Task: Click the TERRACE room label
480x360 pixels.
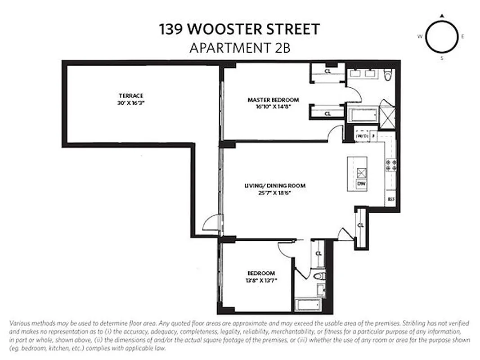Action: pyautogui.click(x=131, y=95)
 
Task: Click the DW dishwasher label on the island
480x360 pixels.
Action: pyautogui.click(x=361, y=184)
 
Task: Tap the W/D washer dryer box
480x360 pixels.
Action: pyautogui.click(x=361, y=135)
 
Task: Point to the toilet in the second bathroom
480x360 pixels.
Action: pyautogui.click(x=319, y=276)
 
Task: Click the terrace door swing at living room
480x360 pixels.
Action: pyautogui.click(x=212, y=223)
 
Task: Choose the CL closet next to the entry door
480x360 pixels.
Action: pyautogui.click(x=360, y=225)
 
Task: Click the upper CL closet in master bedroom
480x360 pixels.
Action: pyautogui.click(x=327, y=71)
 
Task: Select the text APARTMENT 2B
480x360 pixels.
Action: pyautogui.click(x=240, y=47)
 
